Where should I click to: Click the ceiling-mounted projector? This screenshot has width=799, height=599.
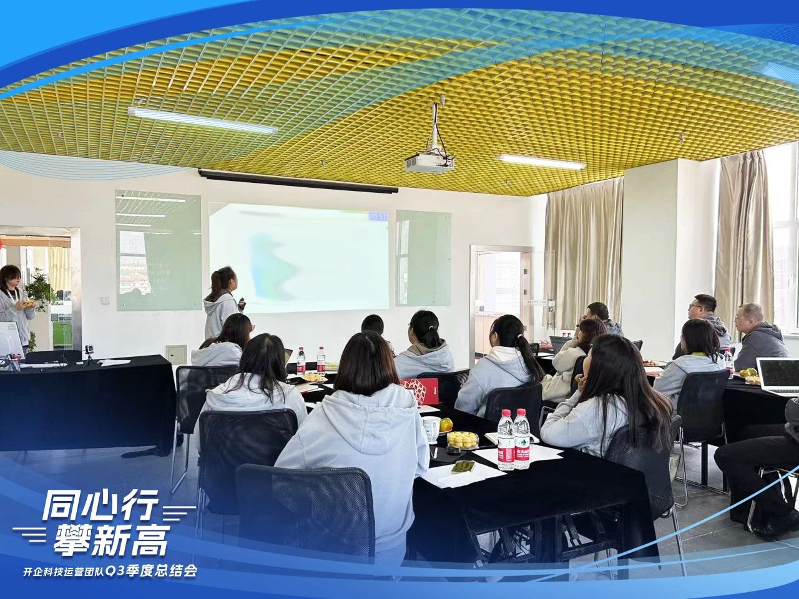pyautogui.click(x=429, y=163)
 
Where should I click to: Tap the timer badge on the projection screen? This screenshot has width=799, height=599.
pyautogui.click(x=377, y=217)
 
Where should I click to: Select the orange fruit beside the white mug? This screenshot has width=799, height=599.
pyautogui.click(x=446, y=425)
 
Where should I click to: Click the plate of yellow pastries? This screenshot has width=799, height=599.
pyautogui.click(x=463, y=439)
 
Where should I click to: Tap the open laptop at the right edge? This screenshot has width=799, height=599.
pyautogui.click(x=778, y=376)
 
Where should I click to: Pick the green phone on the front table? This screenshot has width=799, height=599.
pyautogui.click(x=462, y=467)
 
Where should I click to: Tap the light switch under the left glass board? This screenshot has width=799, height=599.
pyautogui.click(x=105, y=300)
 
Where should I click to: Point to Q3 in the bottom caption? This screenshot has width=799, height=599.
pyautogui.click(x=114, y=571)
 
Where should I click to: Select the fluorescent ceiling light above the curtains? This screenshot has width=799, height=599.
pyautogui.click(x=542, y=162)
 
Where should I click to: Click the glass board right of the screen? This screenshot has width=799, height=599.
pyautogui.click(x=423, y=258)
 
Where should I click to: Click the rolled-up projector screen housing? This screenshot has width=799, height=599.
pyautogui.click(x=298, y=181)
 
